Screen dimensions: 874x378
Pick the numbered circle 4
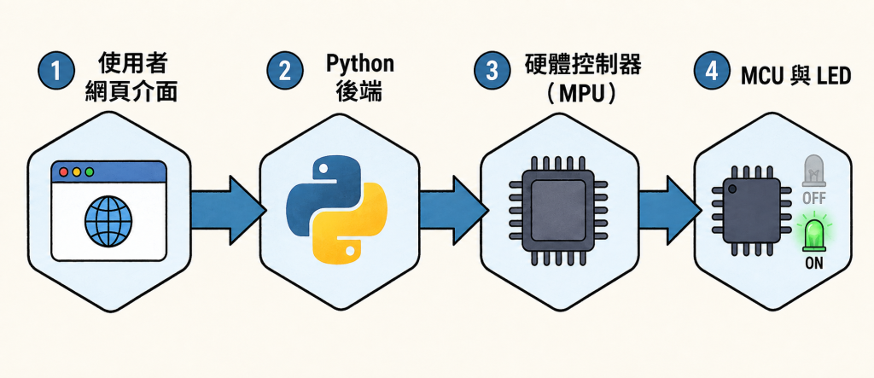712,71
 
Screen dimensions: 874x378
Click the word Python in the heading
360,64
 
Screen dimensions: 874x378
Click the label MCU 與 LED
796,76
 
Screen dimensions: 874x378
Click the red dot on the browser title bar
63,172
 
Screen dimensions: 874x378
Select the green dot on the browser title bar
89,172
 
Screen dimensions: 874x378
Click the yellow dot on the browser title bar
76,172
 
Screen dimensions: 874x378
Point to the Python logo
336,209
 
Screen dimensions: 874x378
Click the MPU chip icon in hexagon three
559,211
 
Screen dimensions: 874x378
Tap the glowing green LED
813,233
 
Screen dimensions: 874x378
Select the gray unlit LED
813,171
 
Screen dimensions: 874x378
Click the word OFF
813,198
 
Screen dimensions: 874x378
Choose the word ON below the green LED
814,264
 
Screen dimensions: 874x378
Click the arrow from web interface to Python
227,210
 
